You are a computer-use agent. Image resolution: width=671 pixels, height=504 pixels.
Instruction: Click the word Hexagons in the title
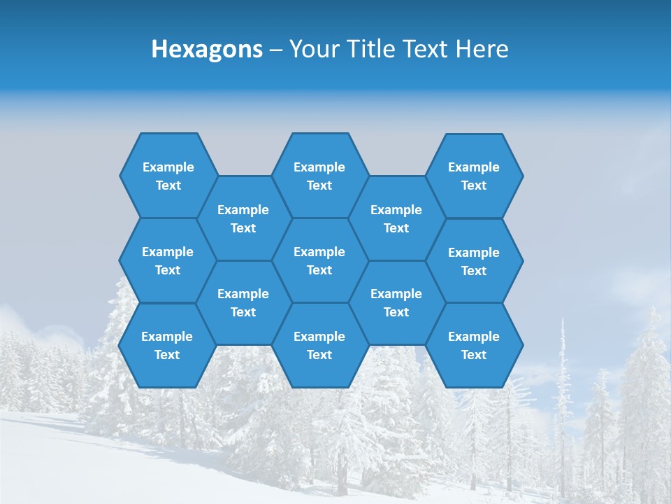tap(207, 50)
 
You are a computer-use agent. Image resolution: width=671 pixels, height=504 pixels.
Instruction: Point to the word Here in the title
tap(482, 50)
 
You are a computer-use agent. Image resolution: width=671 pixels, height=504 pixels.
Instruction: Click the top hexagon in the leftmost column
tap(168, 176)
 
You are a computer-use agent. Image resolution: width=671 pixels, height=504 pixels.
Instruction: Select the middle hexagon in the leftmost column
tap(168, 260)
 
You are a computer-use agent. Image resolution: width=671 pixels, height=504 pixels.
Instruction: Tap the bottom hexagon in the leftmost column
tap(167, 345)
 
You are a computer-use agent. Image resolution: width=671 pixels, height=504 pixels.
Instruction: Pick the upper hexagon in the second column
tap(243, 218)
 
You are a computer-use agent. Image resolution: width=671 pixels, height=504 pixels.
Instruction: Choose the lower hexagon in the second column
tap(243, 302)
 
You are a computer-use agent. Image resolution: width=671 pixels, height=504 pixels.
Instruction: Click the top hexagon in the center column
tap(319, 176)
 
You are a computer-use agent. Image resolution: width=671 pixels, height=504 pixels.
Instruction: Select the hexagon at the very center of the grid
tap(319, 260)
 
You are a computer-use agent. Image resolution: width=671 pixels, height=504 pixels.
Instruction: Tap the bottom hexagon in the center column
tap(319, 345)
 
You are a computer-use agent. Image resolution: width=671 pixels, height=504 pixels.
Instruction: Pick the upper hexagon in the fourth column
tap(396, 218)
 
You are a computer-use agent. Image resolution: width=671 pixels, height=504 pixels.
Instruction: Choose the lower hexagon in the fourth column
tap(396, 302)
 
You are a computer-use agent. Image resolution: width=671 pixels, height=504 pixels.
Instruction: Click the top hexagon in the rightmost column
tap(474, 176)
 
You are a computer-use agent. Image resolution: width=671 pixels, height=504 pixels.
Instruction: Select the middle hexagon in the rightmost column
tap(474, 261)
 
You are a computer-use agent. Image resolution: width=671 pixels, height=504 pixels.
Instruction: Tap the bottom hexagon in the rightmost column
tap(474, 345)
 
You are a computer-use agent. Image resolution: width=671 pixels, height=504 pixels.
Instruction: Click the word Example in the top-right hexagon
tap(474, 167)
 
